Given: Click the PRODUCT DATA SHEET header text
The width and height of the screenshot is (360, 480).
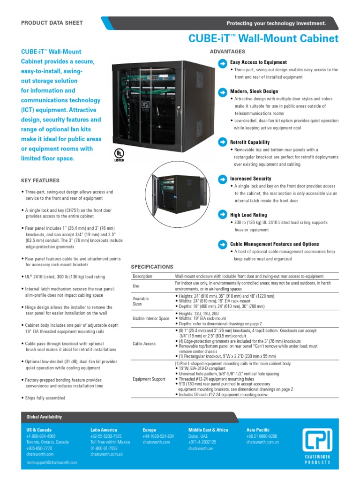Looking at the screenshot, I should click(52, 22).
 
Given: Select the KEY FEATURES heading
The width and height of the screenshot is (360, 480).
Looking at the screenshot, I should click(40, 180).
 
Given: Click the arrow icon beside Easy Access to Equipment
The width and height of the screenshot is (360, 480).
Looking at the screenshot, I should click(222, 62).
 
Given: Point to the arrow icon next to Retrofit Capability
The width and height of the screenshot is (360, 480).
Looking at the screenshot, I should click(222, 142).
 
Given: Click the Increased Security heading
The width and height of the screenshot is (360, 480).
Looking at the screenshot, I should click(250, 179).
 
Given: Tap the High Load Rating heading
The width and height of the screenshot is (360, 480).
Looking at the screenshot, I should click(248, 215).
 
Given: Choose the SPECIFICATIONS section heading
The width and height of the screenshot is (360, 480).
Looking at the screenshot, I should click(152, 267).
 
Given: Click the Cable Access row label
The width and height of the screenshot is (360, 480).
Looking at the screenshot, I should click(144, 344).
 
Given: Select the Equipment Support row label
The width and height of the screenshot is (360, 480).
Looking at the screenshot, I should click(149, 379).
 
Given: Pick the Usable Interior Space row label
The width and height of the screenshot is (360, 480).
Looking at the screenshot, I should click(151, 318).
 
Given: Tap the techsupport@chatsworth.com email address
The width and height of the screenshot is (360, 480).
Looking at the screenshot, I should click(52, 462).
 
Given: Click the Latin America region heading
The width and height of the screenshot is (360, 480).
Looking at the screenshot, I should click(106, 429).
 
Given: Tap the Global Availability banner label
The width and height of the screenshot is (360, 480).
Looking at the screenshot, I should click(44, 417).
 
